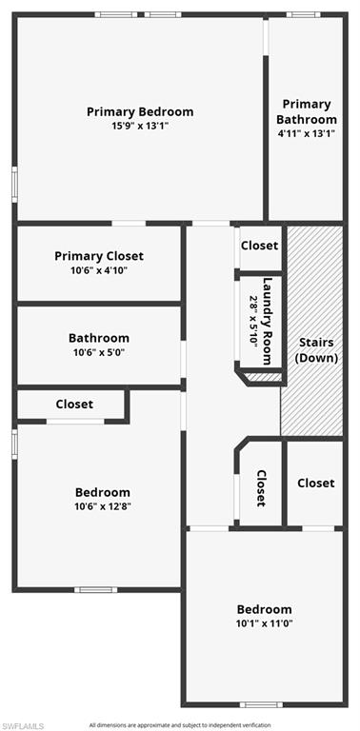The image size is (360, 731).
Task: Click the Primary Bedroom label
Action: point(140,112)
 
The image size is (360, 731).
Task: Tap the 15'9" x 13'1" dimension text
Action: point(140,126)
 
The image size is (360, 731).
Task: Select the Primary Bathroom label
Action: point(307,111)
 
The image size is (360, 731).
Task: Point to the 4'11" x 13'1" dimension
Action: point(307,133)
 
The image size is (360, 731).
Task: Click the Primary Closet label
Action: point(99,256)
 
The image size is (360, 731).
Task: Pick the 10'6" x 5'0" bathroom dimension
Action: point(99,352)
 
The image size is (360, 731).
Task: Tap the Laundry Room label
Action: point(267,321)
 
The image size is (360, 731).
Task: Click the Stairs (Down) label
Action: point(316,350)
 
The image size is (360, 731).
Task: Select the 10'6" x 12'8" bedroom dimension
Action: point(103,506)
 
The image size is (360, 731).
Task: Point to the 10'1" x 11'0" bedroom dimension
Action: point(265,623)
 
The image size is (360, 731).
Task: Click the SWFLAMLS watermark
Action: point(22,726)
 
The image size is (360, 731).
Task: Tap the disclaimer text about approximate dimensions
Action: point(180,725)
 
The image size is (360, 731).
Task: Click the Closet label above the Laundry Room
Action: point(259,246)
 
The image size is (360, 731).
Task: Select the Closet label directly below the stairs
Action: point(315,483)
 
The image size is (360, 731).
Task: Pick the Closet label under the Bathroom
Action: point(74,404)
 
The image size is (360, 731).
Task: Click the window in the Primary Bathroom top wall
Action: point(303,14)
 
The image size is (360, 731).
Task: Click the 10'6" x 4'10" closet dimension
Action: point(99,270)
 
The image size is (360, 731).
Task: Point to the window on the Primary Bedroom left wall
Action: point(14,185)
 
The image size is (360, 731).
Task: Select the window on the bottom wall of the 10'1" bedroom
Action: point(261,704)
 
